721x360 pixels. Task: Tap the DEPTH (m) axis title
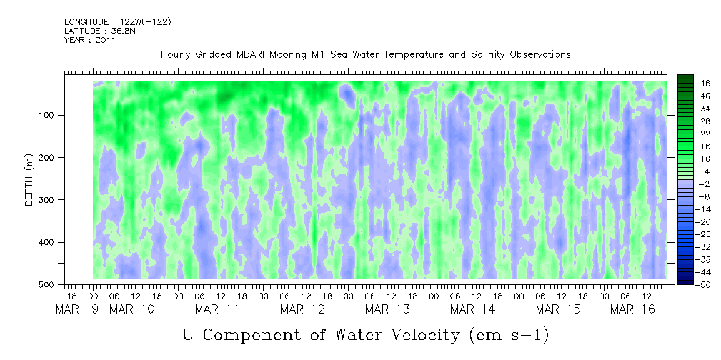[x=29, y=183]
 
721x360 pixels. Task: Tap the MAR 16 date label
[x=642, y=309]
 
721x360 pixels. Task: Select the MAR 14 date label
[x=472, y=309]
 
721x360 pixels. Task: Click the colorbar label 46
[x=705, y=82]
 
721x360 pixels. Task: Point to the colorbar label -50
[x=704, y=285]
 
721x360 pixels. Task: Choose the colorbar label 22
[x=705, y=135]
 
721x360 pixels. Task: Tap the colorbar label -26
[x=704, y=233]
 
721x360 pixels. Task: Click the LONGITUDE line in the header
[x=117, y=21]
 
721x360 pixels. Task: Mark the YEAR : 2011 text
[x=89, y=40]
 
